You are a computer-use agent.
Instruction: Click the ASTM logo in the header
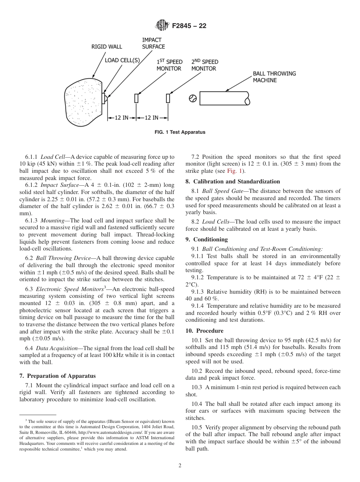pyautogui.click(x=162, y=26)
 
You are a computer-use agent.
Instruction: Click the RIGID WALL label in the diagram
pyautogui.click(x=107, y=47)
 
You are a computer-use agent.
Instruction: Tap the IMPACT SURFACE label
pyautogui.click(x=153, y=43)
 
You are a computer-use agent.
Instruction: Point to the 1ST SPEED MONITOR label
pyautogui.click(x=169, y=65)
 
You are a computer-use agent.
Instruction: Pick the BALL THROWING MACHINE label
pyautogui.click(x=274, y=77)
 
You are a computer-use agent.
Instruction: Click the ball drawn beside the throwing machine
pyautogui.click(x=193, y=99)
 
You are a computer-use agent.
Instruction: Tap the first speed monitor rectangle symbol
pyautogui.click(x=136, y=98)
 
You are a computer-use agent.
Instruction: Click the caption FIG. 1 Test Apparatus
pyautogui.click(x=180, y=132)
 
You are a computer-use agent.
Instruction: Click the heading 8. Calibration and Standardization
pyautogui.click(x=233, y=182)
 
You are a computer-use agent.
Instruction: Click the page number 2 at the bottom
pyautogui.click(x=180, y=466)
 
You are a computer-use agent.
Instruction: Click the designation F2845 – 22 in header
pyautogui.click(x=189, y=26)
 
